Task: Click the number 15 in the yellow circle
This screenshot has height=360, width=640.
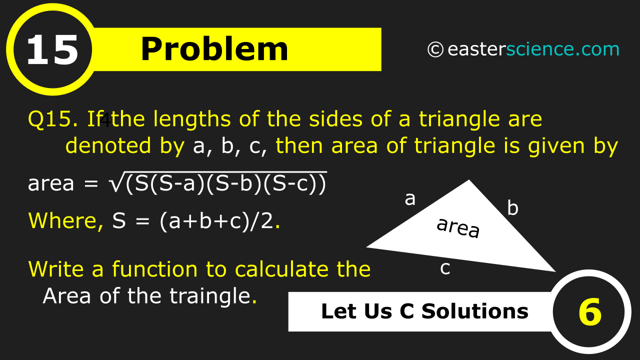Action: (x=52, y=50)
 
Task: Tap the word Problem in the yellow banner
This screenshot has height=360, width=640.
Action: (x=214, y=49)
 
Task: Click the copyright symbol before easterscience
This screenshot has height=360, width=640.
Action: (x=435, y=49)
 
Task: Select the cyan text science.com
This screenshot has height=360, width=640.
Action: (x=562, y=49)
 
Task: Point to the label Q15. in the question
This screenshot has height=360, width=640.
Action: (x=53, y=119)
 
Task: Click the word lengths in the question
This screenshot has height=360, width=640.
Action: (x=191, y=119)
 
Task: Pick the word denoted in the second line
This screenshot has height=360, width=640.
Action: (x=108, y=145)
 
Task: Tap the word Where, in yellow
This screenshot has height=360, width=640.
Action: (x=66, y=221)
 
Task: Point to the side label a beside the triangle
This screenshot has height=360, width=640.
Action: (x=410, y=199)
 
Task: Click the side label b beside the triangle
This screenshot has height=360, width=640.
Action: (x=513, y=207)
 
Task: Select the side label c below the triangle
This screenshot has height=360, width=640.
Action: (x=445, y=268)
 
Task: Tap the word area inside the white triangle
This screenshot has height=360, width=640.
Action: (x=458, y=227)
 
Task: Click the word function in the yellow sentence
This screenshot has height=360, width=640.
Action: (x=154, y=269)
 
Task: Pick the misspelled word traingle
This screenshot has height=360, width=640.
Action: (x=210, y=296)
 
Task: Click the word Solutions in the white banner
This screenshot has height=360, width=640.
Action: (x=475, y=311)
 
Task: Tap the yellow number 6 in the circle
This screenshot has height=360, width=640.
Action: (x=590, y=312)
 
